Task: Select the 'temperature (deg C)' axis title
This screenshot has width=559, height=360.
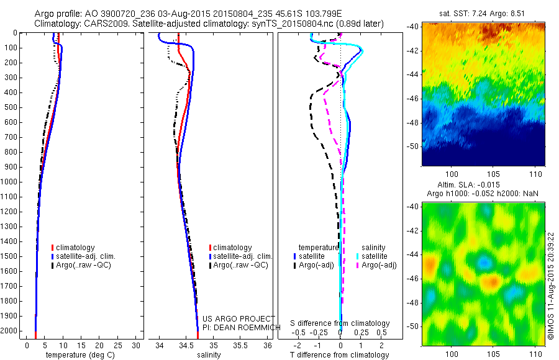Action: tap(78, 355)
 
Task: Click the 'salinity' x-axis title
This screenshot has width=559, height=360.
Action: tap(209, 355)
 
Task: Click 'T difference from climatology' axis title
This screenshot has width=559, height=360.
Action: tap(339, 355)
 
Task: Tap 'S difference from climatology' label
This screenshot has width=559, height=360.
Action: tap(340, 323)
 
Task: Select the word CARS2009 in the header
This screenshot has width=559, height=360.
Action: tap(101, 24)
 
